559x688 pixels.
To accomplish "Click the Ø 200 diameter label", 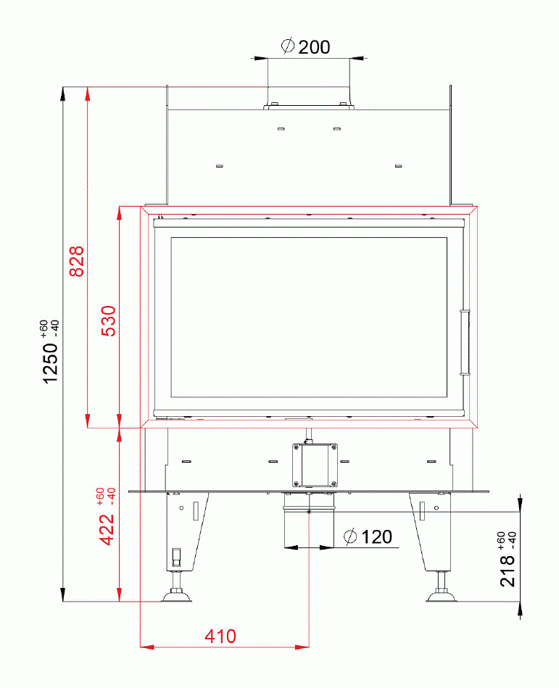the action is [x=305, y=46].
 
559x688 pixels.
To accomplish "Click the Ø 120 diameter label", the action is [x=368, y=536].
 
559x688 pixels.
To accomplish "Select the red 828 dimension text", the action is [x=77, y=261].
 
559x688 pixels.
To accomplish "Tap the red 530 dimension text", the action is [x=108, y=320].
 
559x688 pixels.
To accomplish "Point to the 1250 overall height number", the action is [x=50, y=363].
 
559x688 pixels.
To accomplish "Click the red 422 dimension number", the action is [x=107, y=530].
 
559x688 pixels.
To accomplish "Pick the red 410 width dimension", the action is [x=220, y=637].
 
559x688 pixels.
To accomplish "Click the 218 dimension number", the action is [x=508, y=571].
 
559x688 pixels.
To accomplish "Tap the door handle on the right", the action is [x=465, y=343].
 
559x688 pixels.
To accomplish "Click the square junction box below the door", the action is [x=315, y=465].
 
